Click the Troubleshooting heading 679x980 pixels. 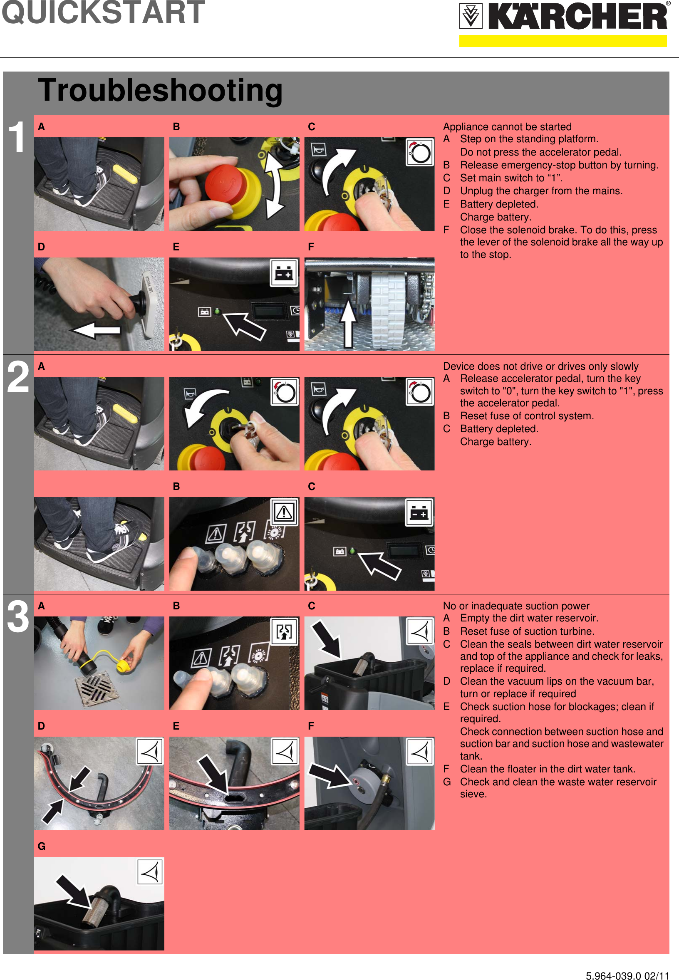(160, 90)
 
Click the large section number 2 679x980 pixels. (18, 377)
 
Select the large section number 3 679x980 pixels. (18, 616)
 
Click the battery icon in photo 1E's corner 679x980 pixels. (284, 273)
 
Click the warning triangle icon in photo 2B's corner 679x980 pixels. (284, 512)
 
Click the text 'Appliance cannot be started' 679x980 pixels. (507, 127)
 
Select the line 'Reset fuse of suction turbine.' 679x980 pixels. (527, 631)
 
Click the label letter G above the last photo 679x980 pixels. (41, 846)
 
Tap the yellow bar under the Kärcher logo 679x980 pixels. (563, 41)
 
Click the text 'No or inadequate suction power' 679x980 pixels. (516, 606)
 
